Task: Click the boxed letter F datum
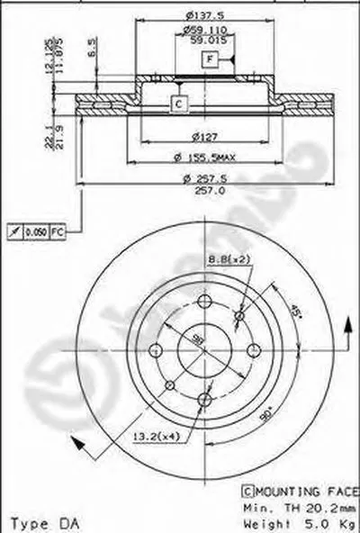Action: tap(209, 60)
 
